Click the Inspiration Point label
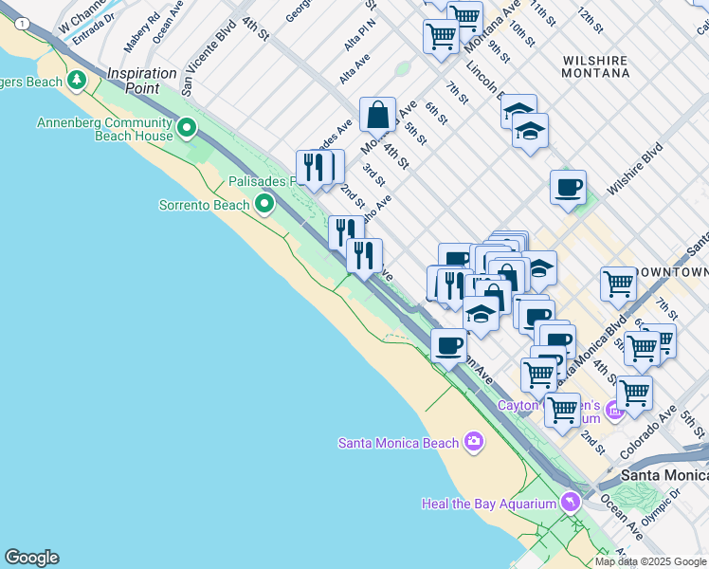(x=141, y=80)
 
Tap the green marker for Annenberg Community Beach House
(x=188, y=127)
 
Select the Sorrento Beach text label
(x=204, y=204)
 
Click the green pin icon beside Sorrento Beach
(x=264, y=203)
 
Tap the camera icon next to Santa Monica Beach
(x=474, y=442)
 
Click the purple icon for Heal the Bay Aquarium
(x=570, y=503)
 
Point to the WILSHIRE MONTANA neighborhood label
(x=595, y=65)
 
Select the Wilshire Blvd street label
(x=634, y=170)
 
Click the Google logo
(x=31, y=558)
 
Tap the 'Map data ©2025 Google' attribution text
(x=651, y=561)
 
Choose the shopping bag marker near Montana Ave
(x=377, y=115)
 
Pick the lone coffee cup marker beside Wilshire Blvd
(x=568, y=187)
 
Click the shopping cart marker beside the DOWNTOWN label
(x=618, y=283)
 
